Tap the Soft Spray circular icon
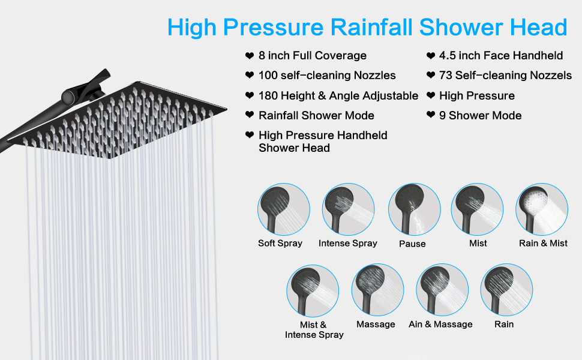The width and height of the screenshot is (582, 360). coord(284,209)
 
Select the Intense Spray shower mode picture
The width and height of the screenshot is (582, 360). coord(348,209)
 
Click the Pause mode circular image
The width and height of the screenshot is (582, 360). coord(414,209)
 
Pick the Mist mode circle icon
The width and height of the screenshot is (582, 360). coord(478,209)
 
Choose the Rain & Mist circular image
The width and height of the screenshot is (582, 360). coord(542,209)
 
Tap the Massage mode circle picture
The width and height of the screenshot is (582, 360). coord(378,290)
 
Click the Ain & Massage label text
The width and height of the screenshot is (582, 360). coord(440,324)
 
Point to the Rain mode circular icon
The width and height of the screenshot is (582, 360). coord(506,290)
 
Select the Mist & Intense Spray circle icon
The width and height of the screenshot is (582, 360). coord(313,290)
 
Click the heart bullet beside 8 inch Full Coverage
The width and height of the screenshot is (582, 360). coord(250,56)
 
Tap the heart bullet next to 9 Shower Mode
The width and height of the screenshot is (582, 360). coord(431,115)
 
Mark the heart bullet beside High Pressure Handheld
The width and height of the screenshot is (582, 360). coord(250,135)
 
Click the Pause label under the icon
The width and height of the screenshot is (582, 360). coord(412,244)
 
